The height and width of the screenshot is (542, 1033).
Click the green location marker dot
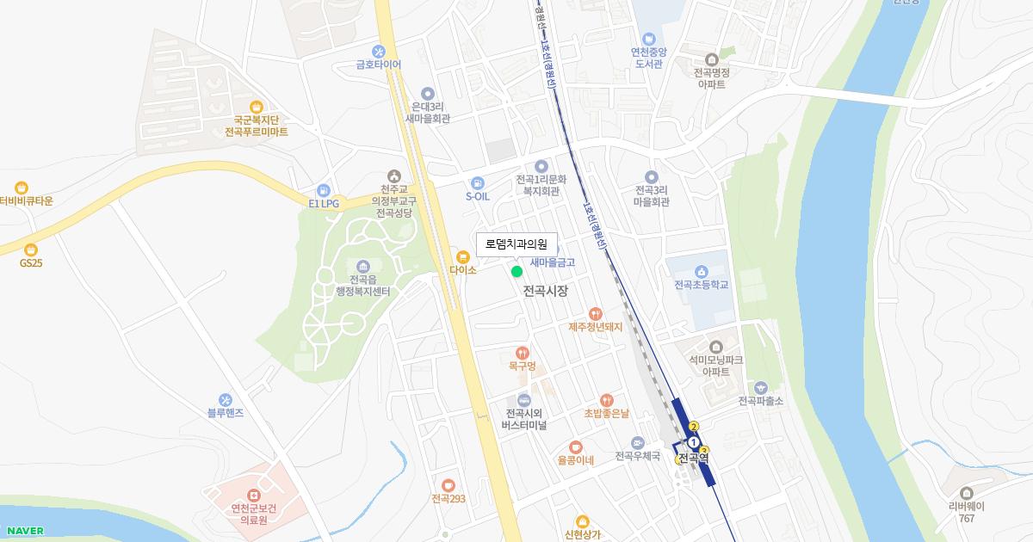tap(516, 272)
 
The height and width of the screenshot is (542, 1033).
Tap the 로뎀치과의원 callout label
tap(516, 244)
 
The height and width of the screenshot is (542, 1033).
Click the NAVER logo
tap(24, 531)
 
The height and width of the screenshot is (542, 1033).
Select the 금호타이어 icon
tap(378, 51)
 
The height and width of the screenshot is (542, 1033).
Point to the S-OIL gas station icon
tap(478, 182)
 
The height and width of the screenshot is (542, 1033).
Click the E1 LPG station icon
tap(324, 190)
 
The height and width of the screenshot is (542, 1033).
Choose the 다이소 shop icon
tap(463, 256)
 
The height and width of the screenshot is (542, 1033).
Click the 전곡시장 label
tap(546, 292)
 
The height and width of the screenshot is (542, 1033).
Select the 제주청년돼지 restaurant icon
tap(595, 314)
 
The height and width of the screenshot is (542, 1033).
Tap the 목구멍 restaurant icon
tap(522, 353)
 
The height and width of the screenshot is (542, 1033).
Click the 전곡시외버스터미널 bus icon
tap(523, 400)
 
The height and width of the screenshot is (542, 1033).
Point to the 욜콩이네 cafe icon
tap(576, 447)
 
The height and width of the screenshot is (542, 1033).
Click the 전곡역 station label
tap(694, 459)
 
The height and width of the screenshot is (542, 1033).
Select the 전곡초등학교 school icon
tap(702, 271)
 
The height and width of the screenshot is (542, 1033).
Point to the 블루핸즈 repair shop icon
tap(226, 400)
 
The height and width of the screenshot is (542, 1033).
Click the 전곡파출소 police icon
tap(760, 388)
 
